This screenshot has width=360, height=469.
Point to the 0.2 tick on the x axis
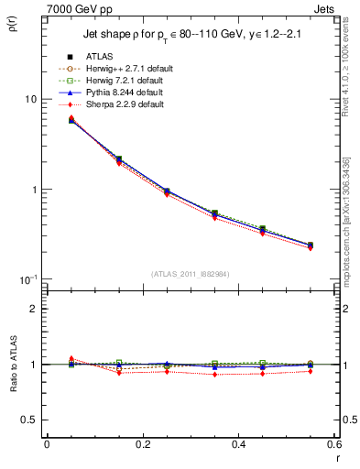point(142,443)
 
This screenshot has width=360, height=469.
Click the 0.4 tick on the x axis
point(238,443)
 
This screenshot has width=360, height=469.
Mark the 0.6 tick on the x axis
point(333,443)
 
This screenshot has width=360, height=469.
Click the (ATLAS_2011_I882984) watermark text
point(191,274)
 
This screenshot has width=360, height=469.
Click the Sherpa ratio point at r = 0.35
point(214,375)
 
